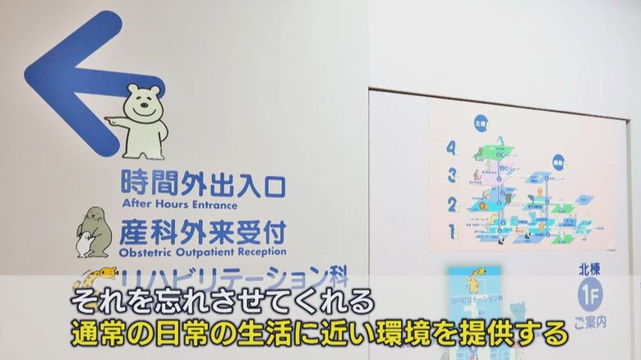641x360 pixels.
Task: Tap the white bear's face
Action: pyautogui.click(x=141, y=101)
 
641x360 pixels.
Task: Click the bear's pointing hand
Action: pyautogui.click(x=110, y=122)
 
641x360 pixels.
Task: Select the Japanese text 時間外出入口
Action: pyautogui.click(x=202, y=183)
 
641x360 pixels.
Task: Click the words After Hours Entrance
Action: pyautogui.click(x=179, y=204)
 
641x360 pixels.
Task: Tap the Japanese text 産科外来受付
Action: pyautogui.click(x=202, y=231)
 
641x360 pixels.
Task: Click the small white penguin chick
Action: pyautogui.click(x=84, y=245)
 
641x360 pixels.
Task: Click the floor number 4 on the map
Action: pyautogui.click(x=451, y=149)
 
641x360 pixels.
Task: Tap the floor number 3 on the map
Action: pyautogui.click(x=451, y=175)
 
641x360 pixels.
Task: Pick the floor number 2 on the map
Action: pyautogui.click(x=451, y=204)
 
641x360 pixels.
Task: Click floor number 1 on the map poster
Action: pyautogui.click(x=451, y=231)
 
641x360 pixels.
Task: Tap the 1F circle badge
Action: pyautogui.click(x=589, y=293)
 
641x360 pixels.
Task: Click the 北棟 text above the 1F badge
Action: pyautogui.click(x=589, y=268)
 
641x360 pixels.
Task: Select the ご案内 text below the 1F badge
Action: pyautogui.click(x=589, y=321)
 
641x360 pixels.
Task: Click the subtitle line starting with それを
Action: pyautogui.click(x=222, y=300)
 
